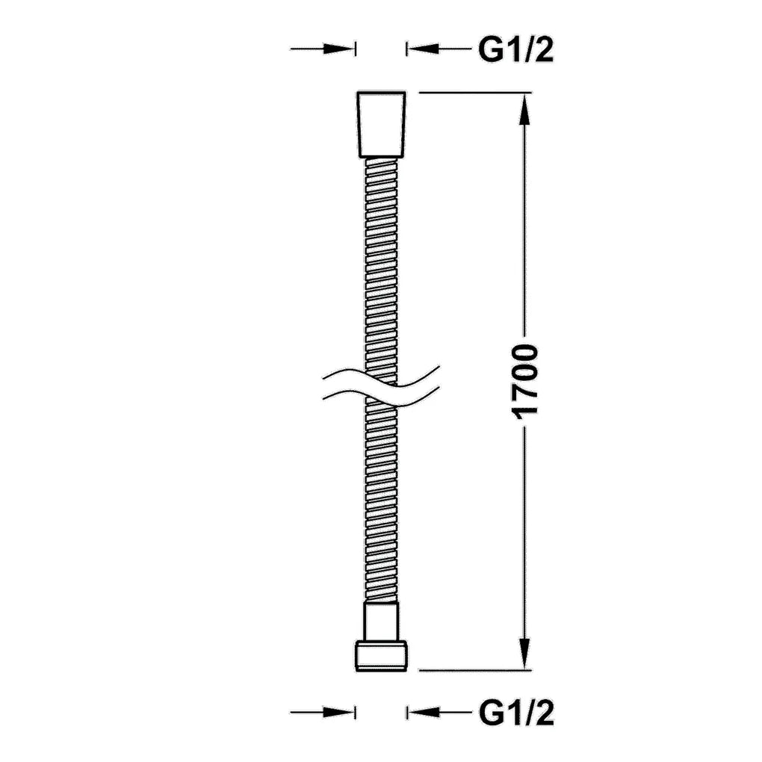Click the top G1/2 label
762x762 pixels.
[x=516, y=49]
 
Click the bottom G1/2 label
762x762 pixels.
[x=516, y=713]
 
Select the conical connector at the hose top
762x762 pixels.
[x=381, y=125]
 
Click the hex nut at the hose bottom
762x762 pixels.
[x=382, y=656]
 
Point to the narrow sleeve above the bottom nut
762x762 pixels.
[x=381, y=622]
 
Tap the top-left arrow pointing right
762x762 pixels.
[x=322, y=49]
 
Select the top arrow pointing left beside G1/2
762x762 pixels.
[x=439, y=49]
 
